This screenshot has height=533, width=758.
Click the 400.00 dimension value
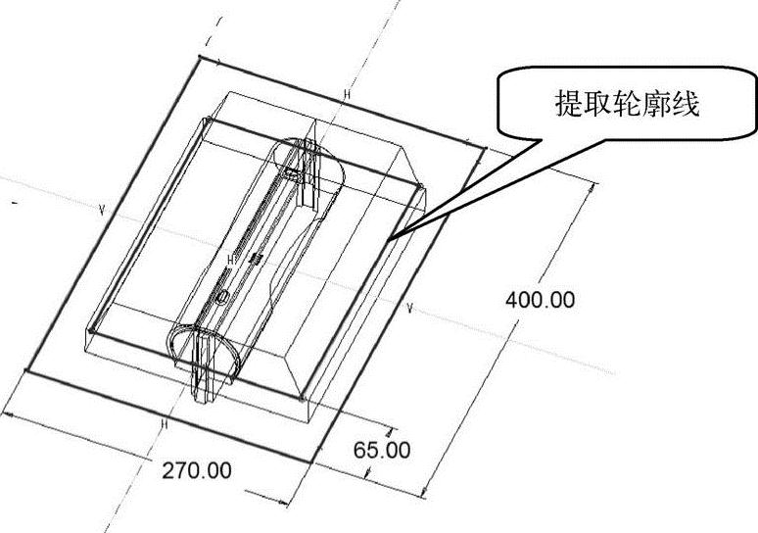[540, 300]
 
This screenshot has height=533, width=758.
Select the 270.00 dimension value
[197, 469]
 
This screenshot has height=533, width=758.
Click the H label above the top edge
[346, 94]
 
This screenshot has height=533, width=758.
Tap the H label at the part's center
[231, 260]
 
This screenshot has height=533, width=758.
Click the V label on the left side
[101, 210]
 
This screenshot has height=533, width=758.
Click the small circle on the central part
[223, 295]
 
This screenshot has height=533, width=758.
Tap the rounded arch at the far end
[311, 157]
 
